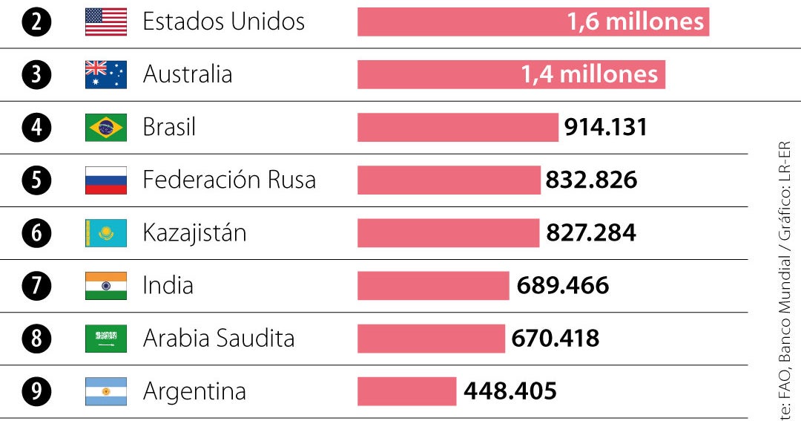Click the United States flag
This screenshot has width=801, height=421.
click(x=106, y=22)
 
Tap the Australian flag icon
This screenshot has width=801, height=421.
click(x=106, y=74)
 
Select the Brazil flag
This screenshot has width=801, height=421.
click(x=106, y=127)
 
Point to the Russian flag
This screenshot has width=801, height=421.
click(x=106, y=180)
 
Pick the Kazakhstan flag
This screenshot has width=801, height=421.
click(x=106, y=232)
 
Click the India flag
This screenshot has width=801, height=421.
click(x=106, y=285)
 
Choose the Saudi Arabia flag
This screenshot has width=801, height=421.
click(x=106, y=338)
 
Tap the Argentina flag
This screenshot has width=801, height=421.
click(x=106, y=391)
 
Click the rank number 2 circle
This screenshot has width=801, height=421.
click(x=36, y=22)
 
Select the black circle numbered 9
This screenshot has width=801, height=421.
click(x=36, y=391)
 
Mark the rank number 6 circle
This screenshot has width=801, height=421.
click(x=36, y=232)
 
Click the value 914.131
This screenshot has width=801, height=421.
click(x=605, y=127)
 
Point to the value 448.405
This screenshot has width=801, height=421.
click(x=510, y=391)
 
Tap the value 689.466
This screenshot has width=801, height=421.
click(x=562, y=285)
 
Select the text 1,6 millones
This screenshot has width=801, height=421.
click(x=635, y=22)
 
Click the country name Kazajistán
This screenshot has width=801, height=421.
click(x=194, y=232)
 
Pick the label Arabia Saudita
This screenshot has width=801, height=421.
click(x=219, y=338)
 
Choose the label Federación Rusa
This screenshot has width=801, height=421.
click(x=229, y=180)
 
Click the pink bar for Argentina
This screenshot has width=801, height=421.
click(x=406, y=391)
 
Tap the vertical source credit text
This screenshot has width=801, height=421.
click(x=785, y=282)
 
